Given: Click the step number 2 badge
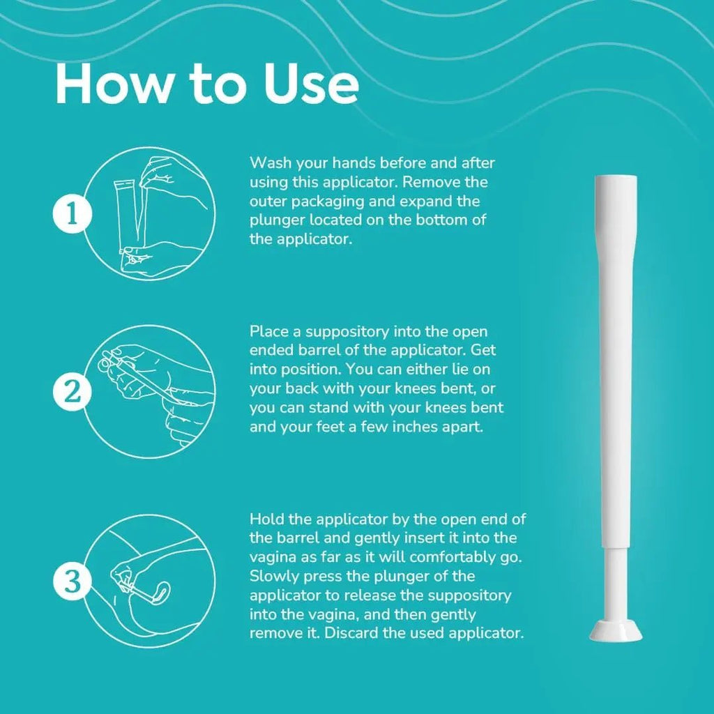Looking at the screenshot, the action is point(73,392).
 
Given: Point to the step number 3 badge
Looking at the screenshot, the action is point(73,582).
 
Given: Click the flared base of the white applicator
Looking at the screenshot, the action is point(615,630).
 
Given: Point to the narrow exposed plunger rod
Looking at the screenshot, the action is point(615,584).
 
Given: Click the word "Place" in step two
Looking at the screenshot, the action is point(269,331).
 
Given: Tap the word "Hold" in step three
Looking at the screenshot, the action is point(268,519).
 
